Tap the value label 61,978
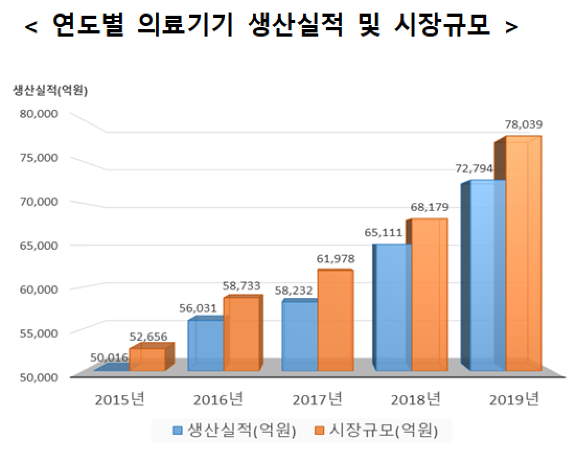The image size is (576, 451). (x=336, y=258)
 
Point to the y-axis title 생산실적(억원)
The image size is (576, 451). (x=51, y=91)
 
